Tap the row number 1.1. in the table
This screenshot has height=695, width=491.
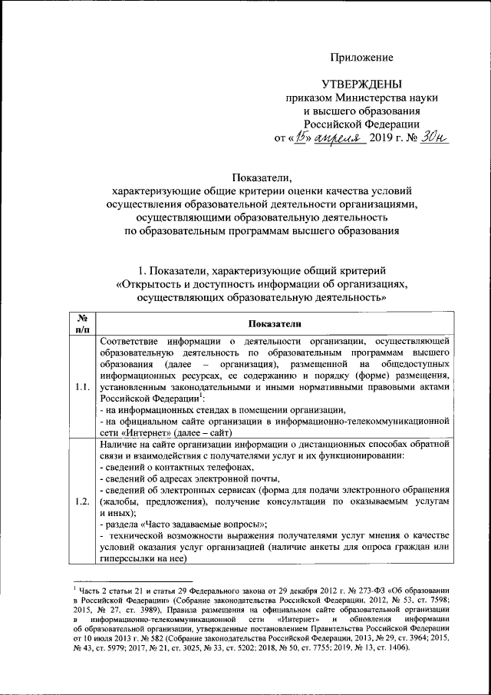(x=83, y=387)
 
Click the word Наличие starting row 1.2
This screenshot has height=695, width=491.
(x=118, y=445)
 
